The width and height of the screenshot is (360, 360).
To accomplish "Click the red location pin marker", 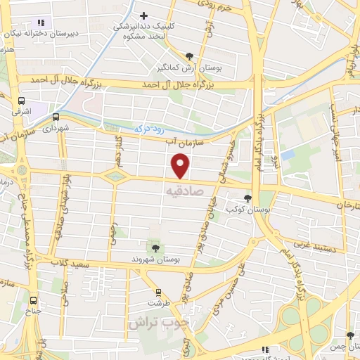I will click(x=181, y=166).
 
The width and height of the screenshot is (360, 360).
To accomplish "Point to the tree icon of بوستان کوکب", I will click(x=247, y=198).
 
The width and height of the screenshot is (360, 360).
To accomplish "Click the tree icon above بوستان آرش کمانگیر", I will click(x=189, y=56).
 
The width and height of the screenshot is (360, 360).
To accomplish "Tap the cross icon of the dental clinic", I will click(x=144, y=15).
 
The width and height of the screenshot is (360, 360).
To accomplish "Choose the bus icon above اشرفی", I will click(x=21, y=101).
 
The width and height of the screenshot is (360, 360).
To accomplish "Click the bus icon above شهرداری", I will click(x=56, y=117).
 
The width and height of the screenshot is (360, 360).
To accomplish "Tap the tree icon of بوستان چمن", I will click(x=349, y=336).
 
